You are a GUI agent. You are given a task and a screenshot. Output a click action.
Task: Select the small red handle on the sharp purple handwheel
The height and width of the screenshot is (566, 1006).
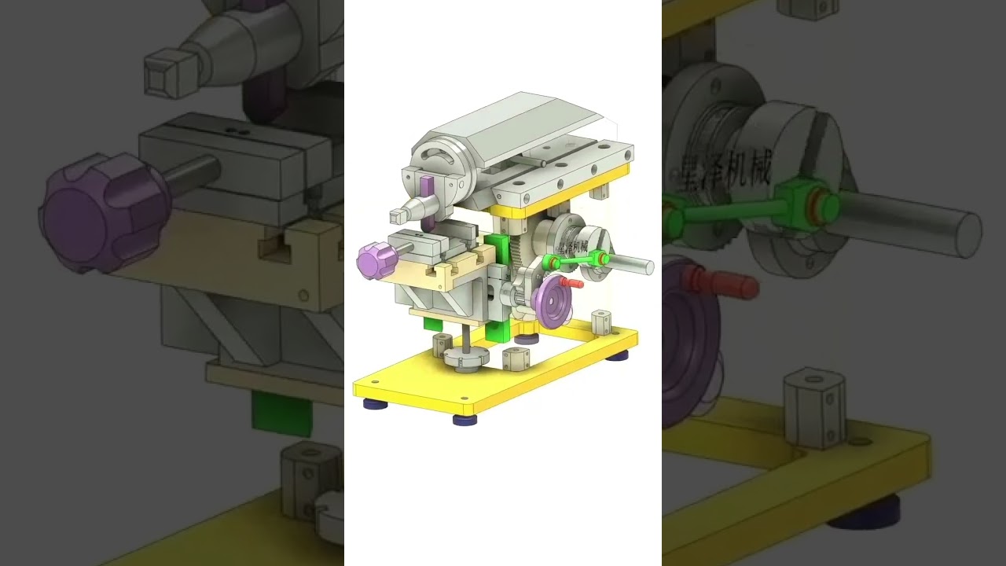(571, 281)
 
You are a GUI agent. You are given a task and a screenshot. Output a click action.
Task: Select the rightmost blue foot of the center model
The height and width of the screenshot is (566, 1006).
(617, 355)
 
